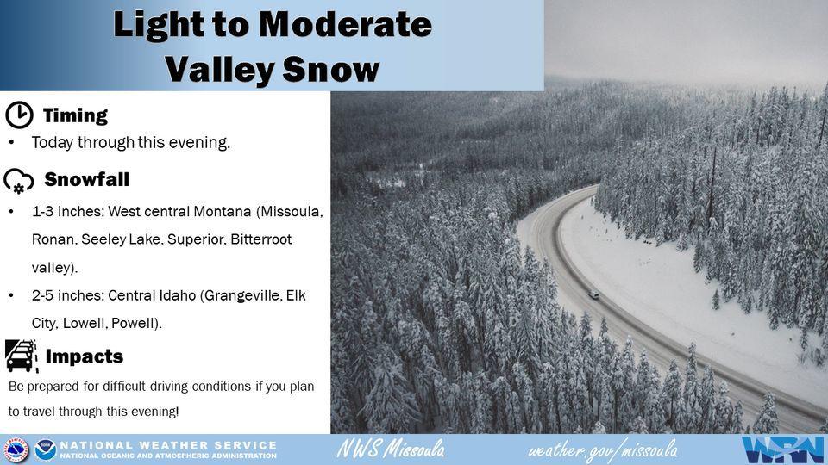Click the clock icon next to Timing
click(x=20, y=115)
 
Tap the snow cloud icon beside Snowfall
click(x=19, y=181)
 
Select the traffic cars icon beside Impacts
click(x=21, y=356)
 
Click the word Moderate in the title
click(x=345, y=24)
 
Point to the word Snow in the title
click(x=331, y=69)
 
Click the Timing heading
click(x=75, y=115)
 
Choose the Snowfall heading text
click(x=86, y=179)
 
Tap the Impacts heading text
click(x=85, y=356)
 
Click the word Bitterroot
click(x=261, y=239)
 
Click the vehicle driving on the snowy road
click(x=593, y=295)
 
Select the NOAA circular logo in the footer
click(x=46, y=449)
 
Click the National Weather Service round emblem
click(x=16, y=449)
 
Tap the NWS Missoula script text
click(x=391, y=449)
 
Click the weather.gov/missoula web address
click(x=603, y=450)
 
